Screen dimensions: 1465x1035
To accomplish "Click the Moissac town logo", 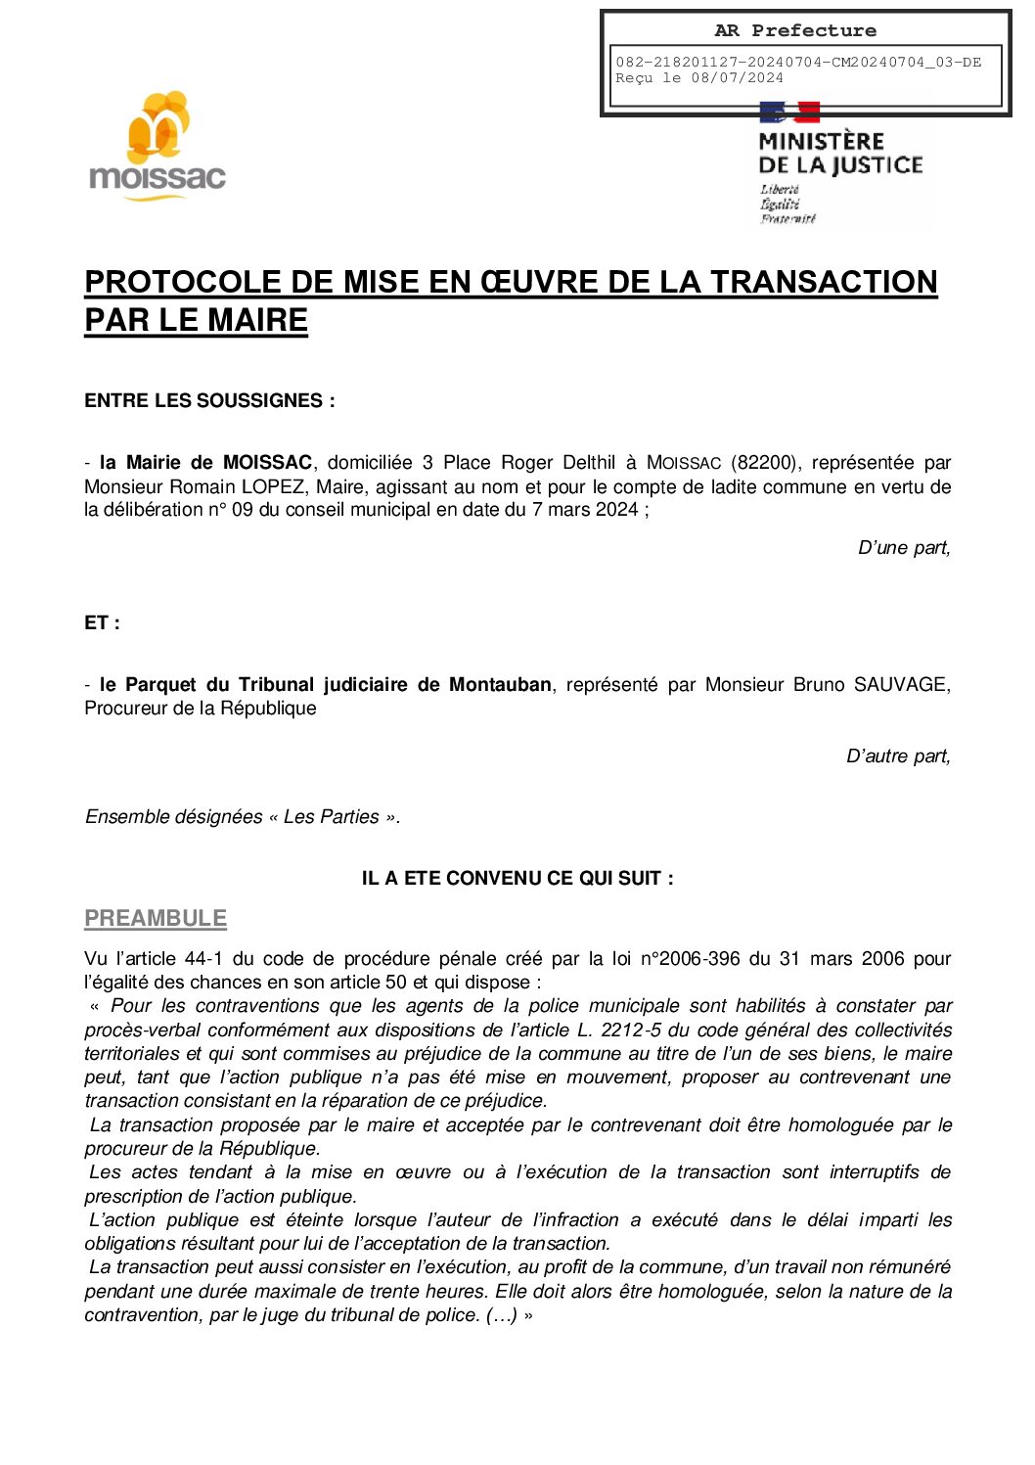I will [157, 145].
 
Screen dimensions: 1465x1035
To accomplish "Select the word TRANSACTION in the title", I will [824, 282].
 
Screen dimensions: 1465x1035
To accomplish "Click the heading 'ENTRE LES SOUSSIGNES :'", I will [209, 400].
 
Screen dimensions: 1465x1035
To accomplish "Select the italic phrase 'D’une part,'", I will [904, 548].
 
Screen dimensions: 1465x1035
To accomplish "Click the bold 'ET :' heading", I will [102, 622].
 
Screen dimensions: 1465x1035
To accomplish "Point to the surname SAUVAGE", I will [899, 684].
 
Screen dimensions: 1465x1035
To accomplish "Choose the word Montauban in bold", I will [500, 684].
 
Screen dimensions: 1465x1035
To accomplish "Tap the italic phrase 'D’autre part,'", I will [898, 755].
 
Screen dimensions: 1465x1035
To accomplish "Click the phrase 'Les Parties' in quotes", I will [331, 817].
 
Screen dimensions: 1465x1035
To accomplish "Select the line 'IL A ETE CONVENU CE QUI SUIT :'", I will [517, 878].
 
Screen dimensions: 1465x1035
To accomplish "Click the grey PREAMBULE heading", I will [156, 918].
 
